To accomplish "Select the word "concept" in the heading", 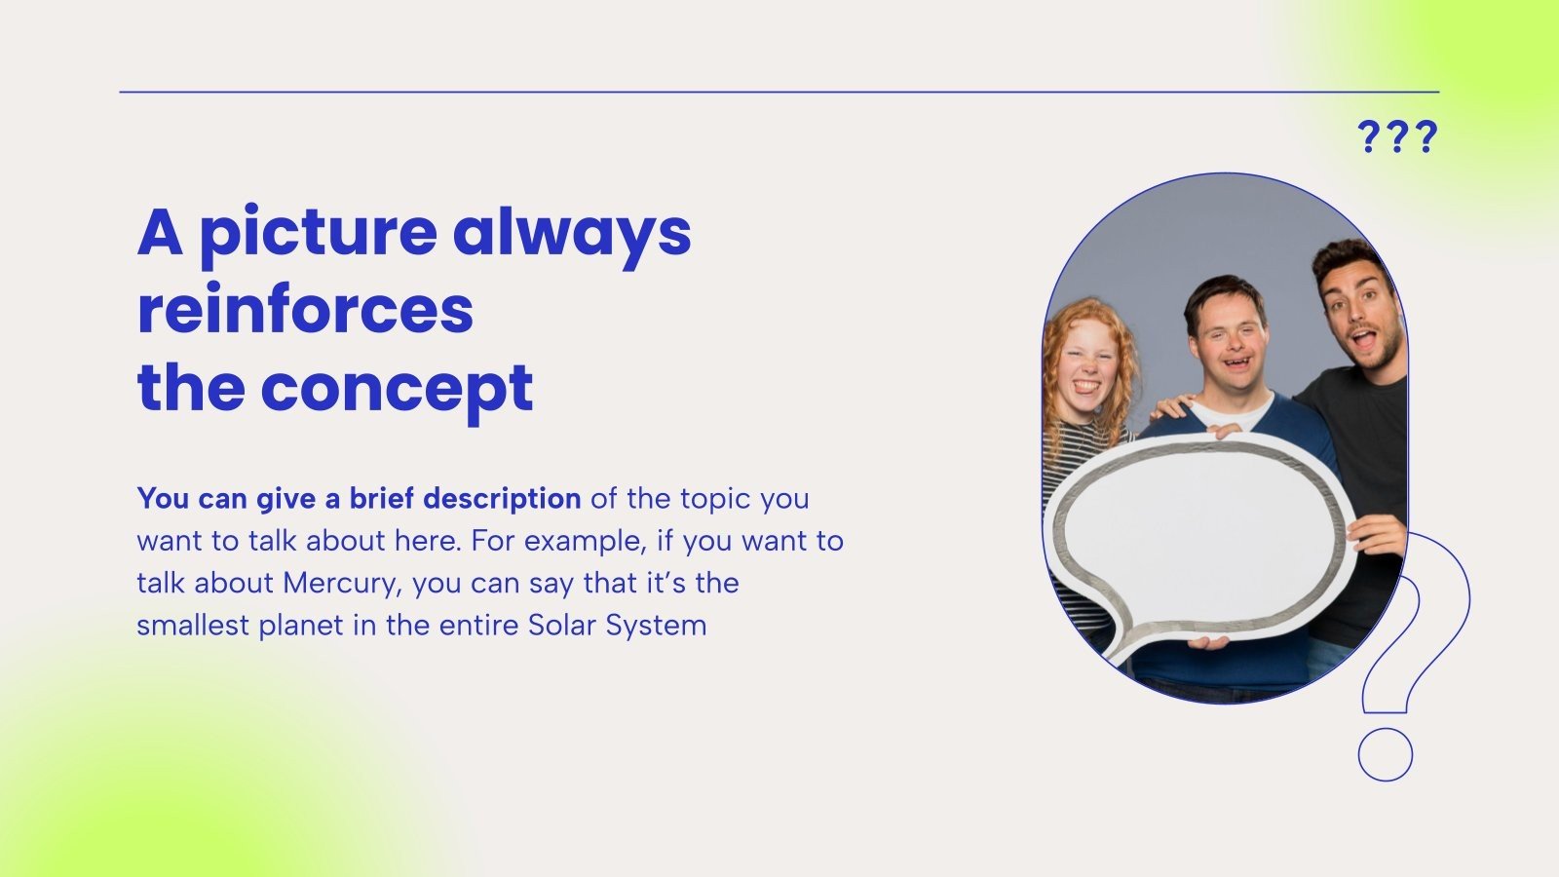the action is pos(397,391).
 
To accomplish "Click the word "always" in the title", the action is pos(572,234).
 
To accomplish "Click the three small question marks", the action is pos(1397,136).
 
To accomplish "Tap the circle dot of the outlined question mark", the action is pos(1385,754).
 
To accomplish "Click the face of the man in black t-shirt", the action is pos(1359,317).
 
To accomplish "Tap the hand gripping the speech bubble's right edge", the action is pos(1378,535).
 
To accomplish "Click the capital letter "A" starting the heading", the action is pos(161,234).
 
